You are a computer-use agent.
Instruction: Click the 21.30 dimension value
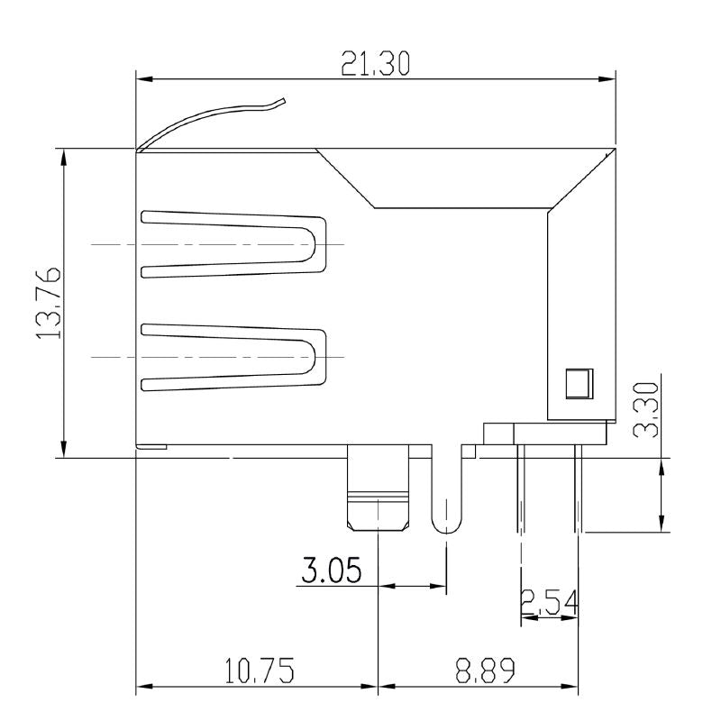376,64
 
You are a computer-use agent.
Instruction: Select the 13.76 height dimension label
49,302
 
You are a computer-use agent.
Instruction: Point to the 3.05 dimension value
332,570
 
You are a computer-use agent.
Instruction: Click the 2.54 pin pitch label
549,602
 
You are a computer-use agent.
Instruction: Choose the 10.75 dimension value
260,671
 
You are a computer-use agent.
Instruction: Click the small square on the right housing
577,383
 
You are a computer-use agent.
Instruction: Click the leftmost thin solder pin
521,491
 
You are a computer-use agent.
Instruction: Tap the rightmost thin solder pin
578,491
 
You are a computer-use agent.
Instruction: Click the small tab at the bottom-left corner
151,446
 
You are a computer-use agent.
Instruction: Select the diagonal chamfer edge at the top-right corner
582,178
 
